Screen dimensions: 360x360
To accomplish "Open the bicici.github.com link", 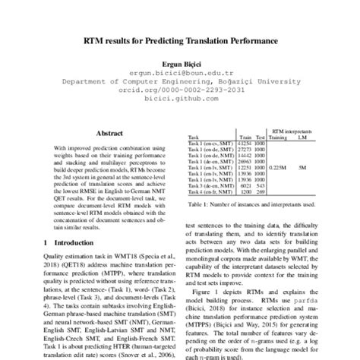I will coord(180,98).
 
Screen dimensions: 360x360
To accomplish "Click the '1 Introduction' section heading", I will coord(63,242).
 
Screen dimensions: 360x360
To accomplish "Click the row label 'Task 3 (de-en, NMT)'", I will coord(210,186).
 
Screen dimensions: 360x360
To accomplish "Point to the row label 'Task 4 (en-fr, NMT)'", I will coord(210,193).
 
